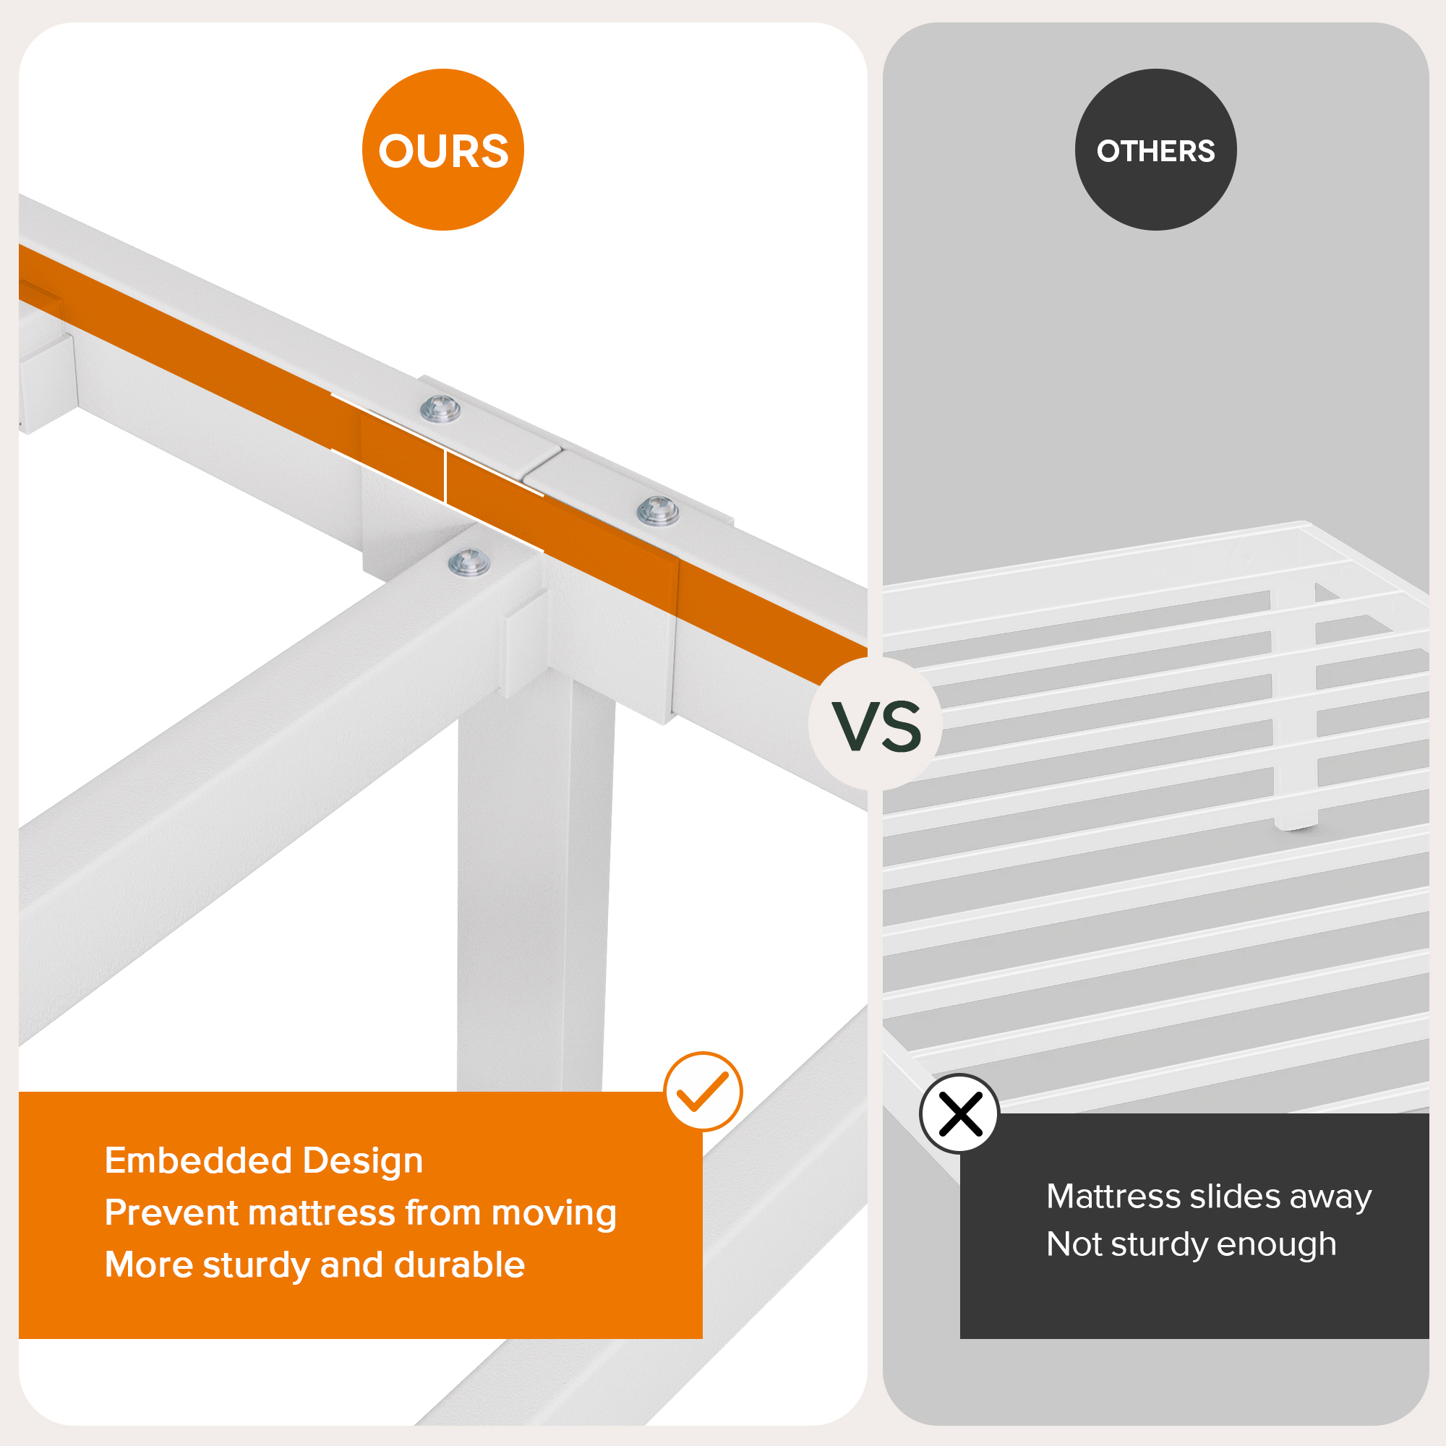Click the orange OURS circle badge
click(x=443, y=150)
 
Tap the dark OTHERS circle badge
click(x=1155, y=150)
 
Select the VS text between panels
click(x=876, y=727)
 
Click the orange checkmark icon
click(x=703, y=1091)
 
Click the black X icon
click(x=959, y=1113)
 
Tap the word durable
click(x=460, y=1265)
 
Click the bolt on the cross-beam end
click(x=469, y=561)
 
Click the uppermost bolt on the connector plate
click(x=440, y=409)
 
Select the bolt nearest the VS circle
click(x=658, y=510)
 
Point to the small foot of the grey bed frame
click(x=1297, y=823)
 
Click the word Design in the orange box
click(x=363, y=1162)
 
